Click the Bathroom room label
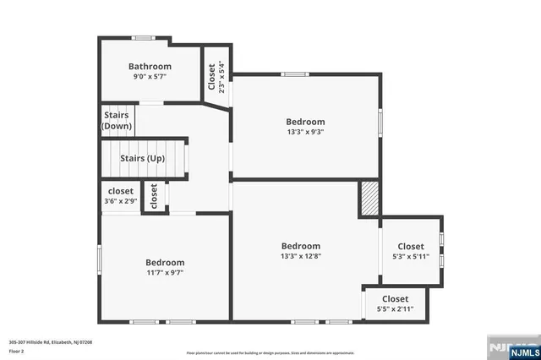tap(150, 67)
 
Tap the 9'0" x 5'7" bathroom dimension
tap(150, 77)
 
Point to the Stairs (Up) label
tap(142, 158)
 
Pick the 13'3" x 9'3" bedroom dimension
tap(304, 132)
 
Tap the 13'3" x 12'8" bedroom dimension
tap(301, 256)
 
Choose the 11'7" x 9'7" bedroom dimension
tap(164, 273)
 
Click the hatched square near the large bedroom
tap(369, 199)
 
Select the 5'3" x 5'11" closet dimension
tap(411, 257)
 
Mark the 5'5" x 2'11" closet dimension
tap(395, 309)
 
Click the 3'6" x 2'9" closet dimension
tap(120, 202)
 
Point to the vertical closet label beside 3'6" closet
tap(154, 196)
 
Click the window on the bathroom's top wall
tap(143, 37)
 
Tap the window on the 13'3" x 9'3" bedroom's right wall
tap(380, 121)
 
